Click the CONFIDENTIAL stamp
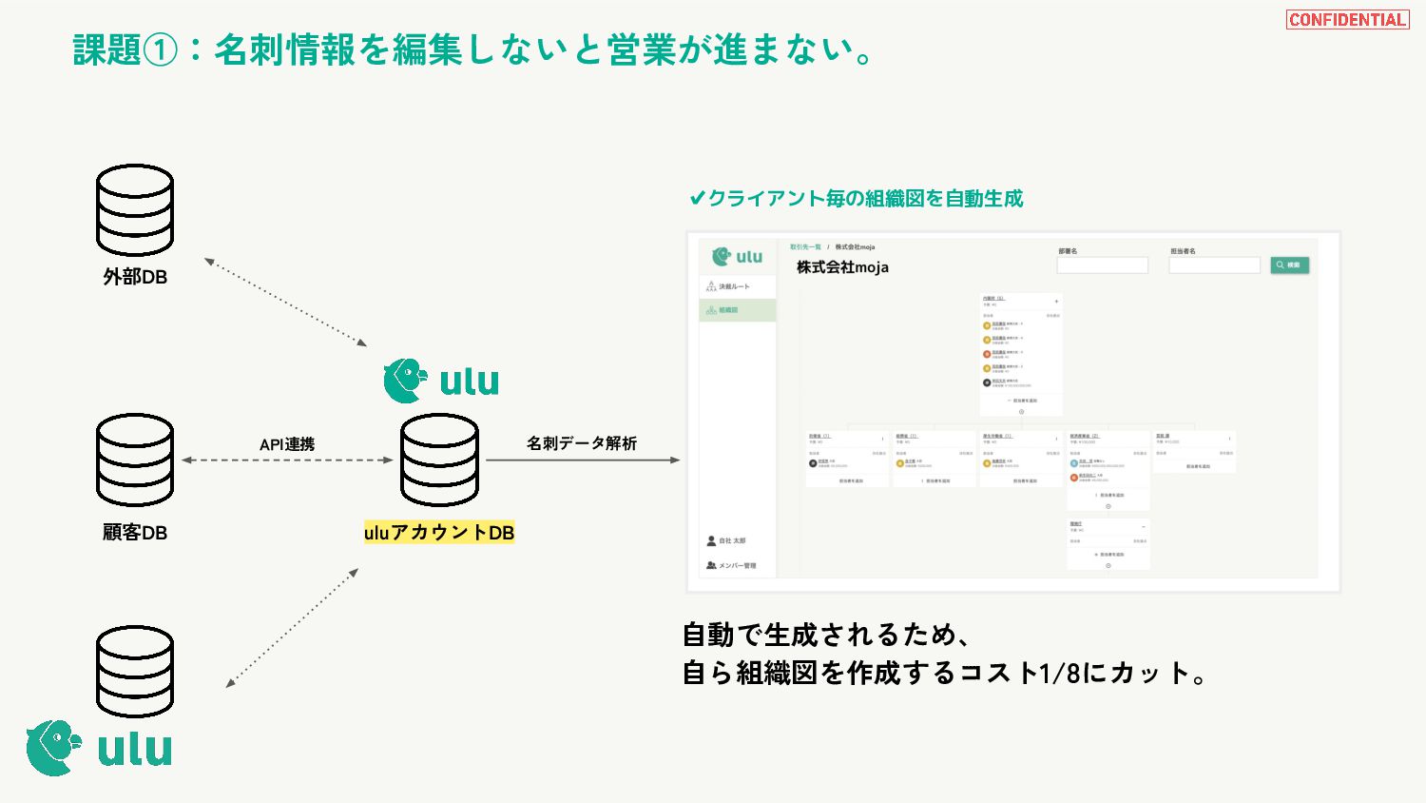[x=1347, y=20]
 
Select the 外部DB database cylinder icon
[x=135, y=209]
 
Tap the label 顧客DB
[x=135, y=533]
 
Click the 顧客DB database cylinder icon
[x=135, y=460]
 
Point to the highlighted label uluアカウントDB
[x=439, y=533]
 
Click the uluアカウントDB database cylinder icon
[x=439, y=460]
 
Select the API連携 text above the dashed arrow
[x=287, y=444]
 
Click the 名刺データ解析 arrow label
[x=582, y=443]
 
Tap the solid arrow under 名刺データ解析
[x=583, y=460]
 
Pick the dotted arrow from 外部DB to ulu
[x=285, y=302]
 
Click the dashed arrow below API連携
[x=287, y=460]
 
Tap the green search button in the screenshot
[x=1290, y=265]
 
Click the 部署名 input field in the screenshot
[x=1103, y=265]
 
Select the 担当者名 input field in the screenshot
[x=1214, y=265]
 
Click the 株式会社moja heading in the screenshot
[x=842, y=267]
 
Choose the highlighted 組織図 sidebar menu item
[x=738, y=310]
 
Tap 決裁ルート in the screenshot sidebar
[x=733, y=286]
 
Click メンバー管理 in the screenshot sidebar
[x=736, y=566]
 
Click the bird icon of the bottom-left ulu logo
[x=53, y=748]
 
